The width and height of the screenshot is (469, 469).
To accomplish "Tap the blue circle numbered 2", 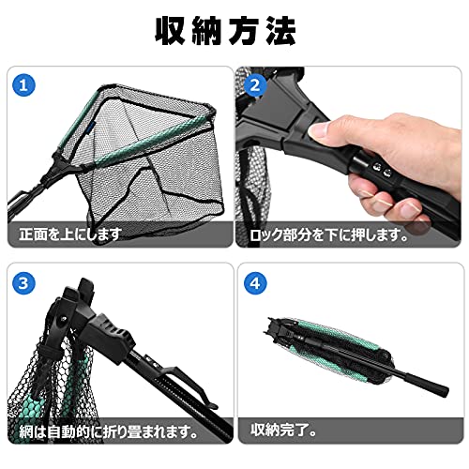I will [255, 85].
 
